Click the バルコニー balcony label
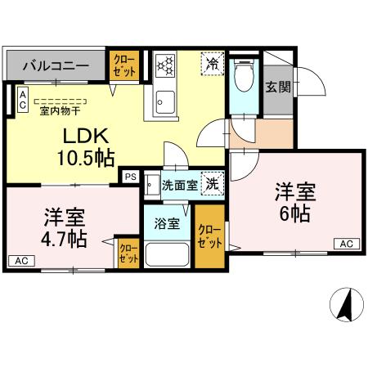coord(56,65)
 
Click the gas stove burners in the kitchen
coord(166,65)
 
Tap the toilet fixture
coord(243,79)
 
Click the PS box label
coord(129,176)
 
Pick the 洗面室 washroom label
coord(178,186)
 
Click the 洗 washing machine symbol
coord(212,185)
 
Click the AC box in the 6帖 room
coord(345,243)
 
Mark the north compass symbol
coord(346,306)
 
